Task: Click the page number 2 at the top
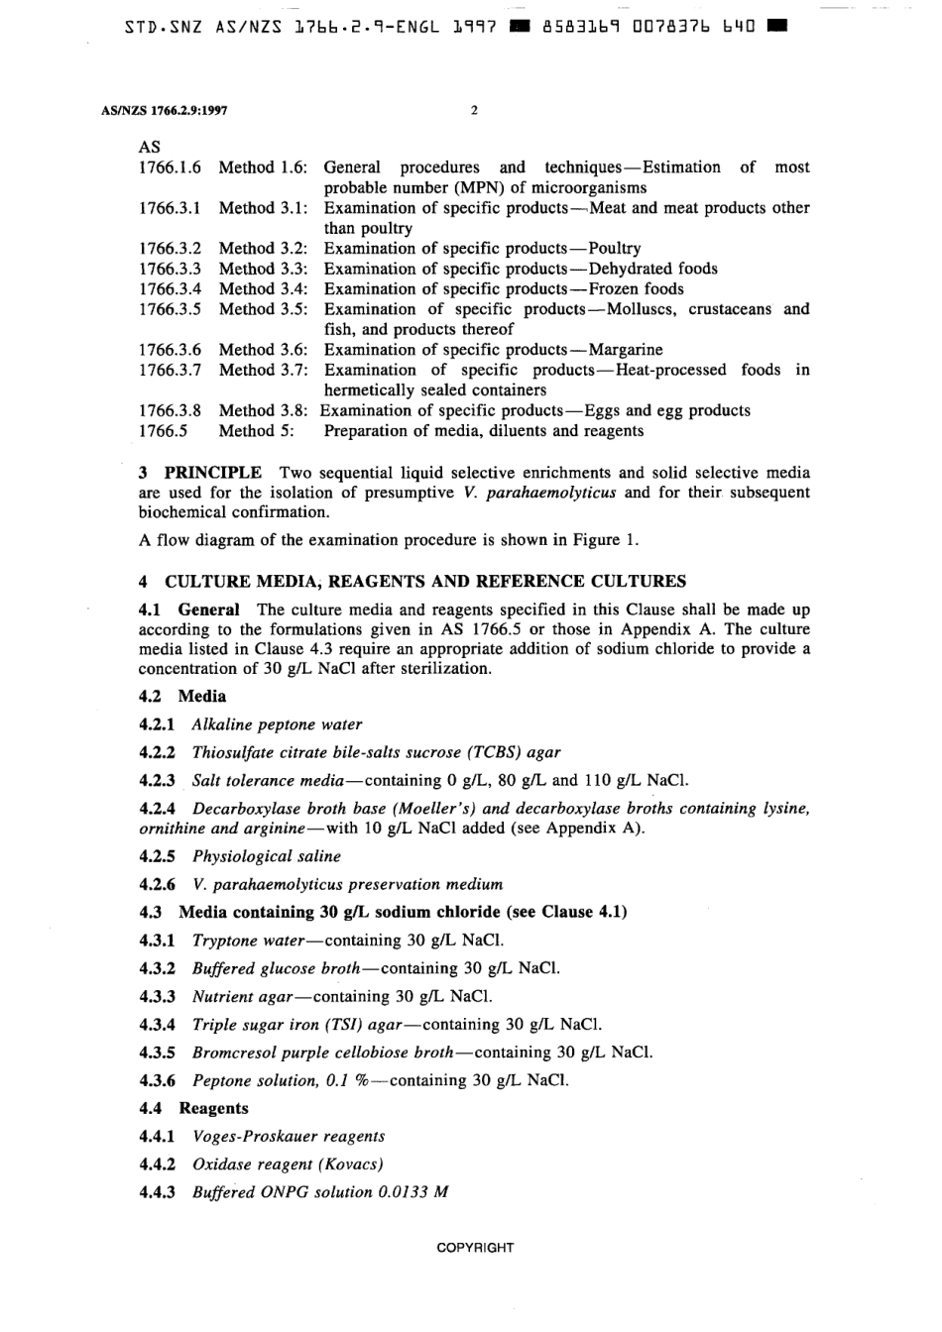[474, 111]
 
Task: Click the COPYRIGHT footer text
[475, 1248]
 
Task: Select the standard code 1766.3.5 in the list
[170, 309]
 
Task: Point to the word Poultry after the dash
[615, 249]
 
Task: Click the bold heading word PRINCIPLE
[213, 473]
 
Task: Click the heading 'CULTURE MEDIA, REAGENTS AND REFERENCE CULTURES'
[424, 582]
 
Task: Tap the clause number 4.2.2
[157, 752]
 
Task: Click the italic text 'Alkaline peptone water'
[277, 724]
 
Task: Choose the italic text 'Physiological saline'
[266, 856]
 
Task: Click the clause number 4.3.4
[157, 1025]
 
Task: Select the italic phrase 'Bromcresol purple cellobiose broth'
[323, 1053]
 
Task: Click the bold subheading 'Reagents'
[213, 1108]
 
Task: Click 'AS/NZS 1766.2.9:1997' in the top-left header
[165, 111]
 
